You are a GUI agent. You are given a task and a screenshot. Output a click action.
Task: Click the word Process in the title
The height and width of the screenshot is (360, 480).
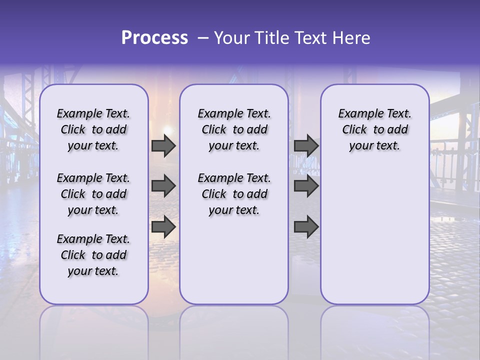point(154,38)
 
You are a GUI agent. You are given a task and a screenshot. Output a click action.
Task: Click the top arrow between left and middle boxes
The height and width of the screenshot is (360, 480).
point(163,146)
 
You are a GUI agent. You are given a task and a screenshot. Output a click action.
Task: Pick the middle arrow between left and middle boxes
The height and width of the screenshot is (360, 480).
point(163,186)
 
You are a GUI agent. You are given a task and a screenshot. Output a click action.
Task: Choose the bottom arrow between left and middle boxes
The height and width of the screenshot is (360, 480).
point(163,227)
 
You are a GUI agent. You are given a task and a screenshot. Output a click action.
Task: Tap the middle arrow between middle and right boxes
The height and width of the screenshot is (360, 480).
point(306,186)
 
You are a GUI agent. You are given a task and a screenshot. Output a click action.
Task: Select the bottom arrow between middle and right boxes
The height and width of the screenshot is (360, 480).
point(306,227)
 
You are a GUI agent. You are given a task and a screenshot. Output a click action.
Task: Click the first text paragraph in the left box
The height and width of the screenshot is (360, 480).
point(93,129)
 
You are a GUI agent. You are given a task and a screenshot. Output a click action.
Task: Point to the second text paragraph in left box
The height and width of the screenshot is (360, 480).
point(93,194)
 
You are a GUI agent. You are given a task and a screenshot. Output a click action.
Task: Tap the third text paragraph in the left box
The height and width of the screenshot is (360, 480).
point(93,255)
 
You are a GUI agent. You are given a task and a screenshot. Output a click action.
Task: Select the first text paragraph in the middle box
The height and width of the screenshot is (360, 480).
point(234,129)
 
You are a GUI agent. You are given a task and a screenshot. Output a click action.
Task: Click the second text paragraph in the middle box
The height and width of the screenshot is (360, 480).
point(234,194)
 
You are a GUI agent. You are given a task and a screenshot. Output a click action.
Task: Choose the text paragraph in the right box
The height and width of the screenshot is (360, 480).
point(374,129)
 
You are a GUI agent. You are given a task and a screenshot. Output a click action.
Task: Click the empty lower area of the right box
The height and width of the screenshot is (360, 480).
point(374,235)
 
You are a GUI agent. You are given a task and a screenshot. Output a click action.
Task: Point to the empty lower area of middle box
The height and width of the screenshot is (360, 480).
point(234,260)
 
